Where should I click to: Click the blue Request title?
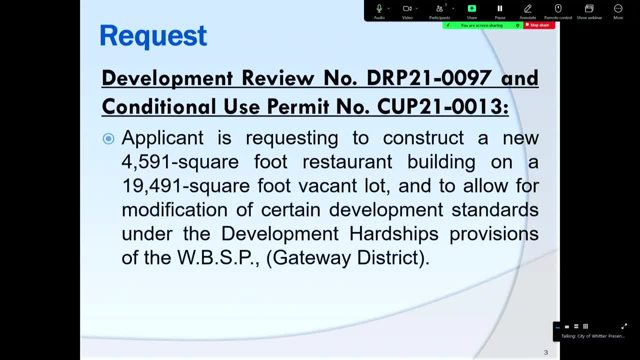[153, 36]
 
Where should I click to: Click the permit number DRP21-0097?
[429, 78]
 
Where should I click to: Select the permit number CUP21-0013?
[442, 106]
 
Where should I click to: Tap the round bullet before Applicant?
[108, 138]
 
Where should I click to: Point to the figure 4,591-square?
[180, 162]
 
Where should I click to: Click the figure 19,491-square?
[185, 186]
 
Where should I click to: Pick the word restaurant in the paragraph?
[349, 162]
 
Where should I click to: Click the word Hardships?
[393, 234]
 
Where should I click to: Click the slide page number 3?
[545, 352]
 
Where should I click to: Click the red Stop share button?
[539, 25]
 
